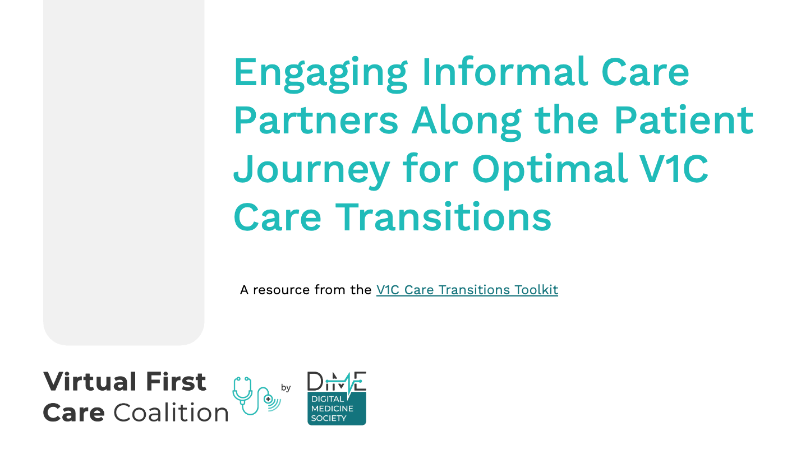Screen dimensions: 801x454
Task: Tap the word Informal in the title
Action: click(505, 71)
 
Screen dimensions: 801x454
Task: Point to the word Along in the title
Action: click(466, 122)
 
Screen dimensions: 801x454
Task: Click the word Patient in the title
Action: click(684, 119)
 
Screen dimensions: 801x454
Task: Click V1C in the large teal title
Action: click(674, 168)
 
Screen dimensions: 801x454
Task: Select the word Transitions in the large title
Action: click(444, 216)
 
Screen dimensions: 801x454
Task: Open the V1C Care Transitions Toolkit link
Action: click(467, 290)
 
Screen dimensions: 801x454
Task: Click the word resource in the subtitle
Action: click(282, 290)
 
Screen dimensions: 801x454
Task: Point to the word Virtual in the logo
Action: click(90, 382)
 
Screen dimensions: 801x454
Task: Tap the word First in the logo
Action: click(176, 382)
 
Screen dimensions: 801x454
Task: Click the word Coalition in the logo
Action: click(171, 412)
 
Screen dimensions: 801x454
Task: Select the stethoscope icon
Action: click(256, 396)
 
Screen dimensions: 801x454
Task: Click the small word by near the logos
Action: click(286, 387)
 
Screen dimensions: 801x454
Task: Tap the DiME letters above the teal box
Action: click(337, 381)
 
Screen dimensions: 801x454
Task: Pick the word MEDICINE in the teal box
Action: click(332, 408)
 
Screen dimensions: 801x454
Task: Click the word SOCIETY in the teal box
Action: click(329, 418)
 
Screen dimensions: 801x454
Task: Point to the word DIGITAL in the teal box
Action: click(328, 399)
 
